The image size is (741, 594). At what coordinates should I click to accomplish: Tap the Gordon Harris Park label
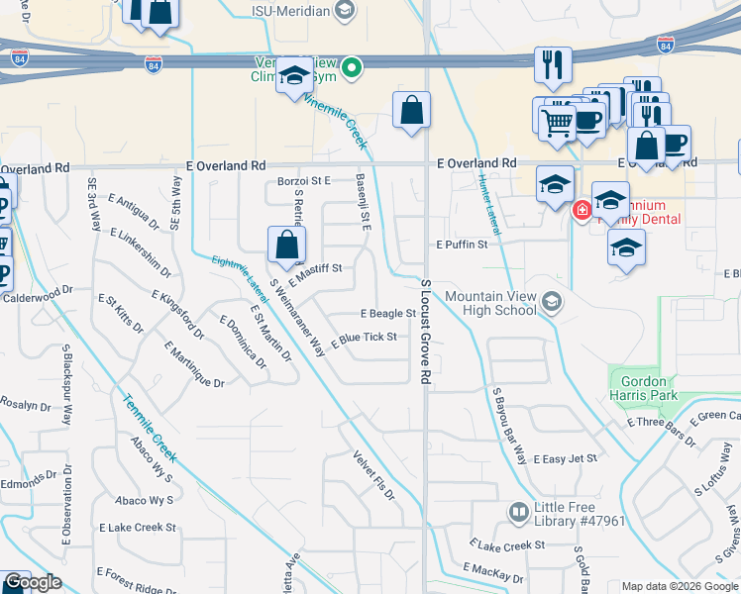(645, 388)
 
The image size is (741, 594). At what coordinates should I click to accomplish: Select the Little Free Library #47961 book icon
(517, 512)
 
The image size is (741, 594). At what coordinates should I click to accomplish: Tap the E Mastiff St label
(315, 268)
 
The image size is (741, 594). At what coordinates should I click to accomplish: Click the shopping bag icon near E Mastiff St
(286, 244)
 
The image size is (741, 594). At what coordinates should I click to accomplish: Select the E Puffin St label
(463, 244)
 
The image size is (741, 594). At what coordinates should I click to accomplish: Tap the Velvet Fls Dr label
(373, 474)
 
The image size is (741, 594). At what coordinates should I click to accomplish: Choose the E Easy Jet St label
(567, 459)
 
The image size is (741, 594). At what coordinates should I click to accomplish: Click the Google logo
(32, 583)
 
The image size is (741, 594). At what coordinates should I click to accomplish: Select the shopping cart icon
(557, 123)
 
